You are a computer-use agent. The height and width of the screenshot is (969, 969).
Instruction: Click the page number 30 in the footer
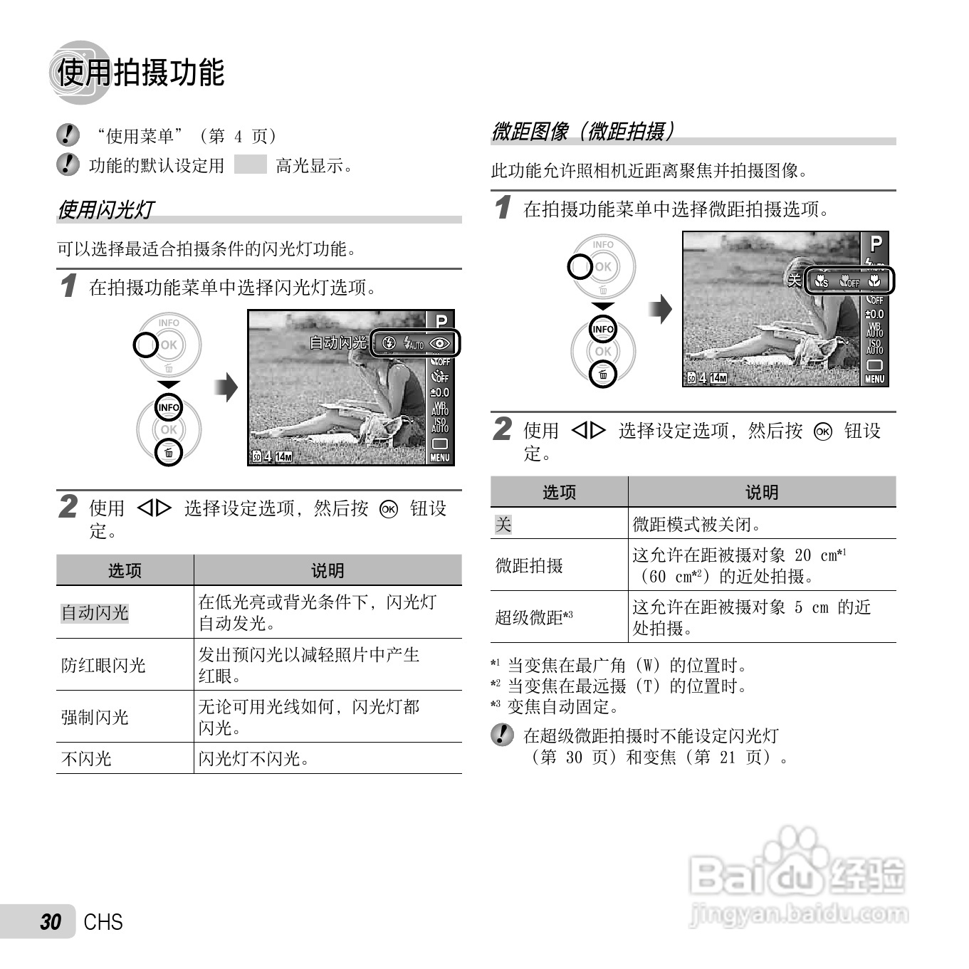[51, 922]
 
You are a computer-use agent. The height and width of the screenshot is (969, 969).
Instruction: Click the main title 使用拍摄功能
[140, 73]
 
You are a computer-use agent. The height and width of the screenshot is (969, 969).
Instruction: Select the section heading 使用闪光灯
[106, 209]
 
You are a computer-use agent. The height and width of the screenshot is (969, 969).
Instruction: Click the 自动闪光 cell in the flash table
[95, 612]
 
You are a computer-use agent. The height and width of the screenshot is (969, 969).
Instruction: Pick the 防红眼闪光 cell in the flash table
[103, 665]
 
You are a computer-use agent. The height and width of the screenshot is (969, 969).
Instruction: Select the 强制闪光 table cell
[95, 717]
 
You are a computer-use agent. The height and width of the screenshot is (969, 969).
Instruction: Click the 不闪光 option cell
[86, 758]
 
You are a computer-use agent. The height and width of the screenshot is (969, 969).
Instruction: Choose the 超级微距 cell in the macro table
[534, 617]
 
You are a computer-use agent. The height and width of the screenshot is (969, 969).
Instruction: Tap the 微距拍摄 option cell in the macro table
[529, 565]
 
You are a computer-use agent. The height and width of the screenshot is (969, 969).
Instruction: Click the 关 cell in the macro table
[503, 525]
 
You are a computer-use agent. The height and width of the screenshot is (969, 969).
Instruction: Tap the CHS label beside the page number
[103, 922]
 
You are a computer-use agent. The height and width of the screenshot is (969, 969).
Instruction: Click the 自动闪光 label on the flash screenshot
[337, 343]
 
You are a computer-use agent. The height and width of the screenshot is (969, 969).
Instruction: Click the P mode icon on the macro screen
[876, 243]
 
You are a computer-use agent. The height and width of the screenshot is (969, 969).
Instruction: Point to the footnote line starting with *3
[555, 706]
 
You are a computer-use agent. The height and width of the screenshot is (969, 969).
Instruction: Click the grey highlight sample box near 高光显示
[250, 165]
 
